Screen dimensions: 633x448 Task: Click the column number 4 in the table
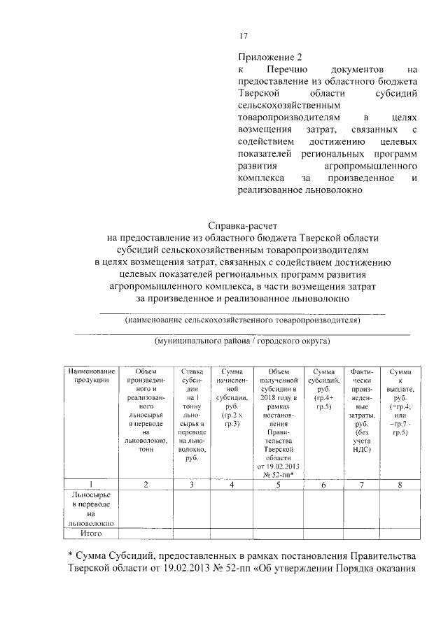232,483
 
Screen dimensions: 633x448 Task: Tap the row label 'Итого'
90,533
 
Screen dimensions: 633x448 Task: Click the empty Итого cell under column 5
279,533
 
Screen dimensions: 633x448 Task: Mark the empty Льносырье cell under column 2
146,508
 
